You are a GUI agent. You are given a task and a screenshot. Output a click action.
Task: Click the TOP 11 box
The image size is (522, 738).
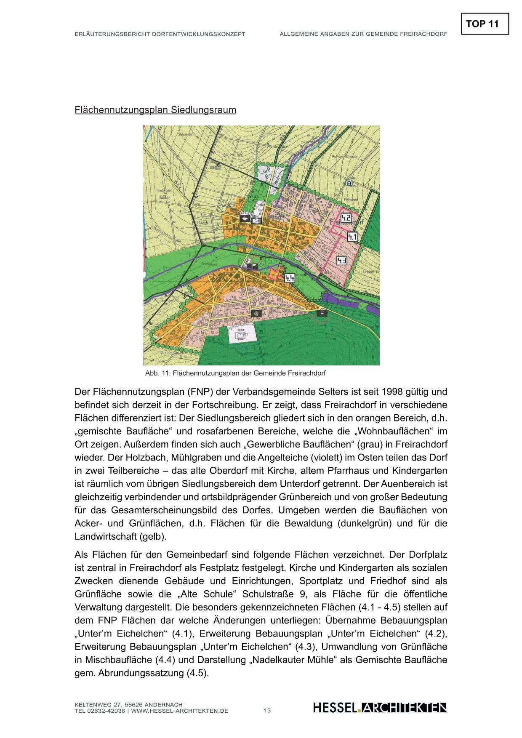pyautogui.click(x=485, y=24)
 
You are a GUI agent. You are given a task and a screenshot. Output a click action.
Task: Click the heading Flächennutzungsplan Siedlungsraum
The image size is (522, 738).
pyautogui.click(x=155, y=110)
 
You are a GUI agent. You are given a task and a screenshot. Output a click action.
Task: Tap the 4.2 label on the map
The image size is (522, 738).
pyautogui.click(x=346, y=218)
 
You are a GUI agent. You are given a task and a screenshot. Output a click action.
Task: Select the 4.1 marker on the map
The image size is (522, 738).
pyautogui.click(x=352, y=237)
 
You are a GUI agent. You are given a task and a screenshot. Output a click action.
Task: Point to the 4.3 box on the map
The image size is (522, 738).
pyautogui.click(x=342, y=261)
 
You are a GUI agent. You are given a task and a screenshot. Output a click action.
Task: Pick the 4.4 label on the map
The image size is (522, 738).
pyautogui.click(x=290, y=278)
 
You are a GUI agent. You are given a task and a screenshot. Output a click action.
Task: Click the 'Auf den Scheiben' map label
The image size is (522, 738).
pyautogui.click(x=345, y=156)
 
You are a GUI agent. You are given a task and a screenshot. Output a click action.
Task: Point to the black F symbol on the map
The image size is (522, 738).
pyautogui.click(x=322, y=312)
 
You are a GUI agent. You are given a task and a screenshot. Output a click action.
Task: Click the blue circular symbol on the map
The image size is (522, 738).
pyautogui.click(x=349, y=183)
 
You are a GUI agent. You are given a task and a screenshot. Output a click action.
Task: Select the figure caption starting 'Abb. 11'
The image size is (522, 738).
pyautogui.click(x=235, y=373)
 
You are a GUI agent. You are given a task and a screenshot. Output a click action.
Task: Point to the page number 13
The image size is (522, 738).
pyautogui.click(x=267, y=711)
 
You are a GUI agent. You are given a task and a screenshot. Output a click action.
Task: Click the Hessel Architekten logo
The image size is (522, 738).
pyautogui.click(x=380, y=708)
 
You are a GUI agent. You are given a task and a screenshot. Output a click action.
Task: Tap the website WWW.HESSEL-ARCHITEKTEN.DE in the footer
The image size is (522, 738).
pyautogui.click(x=180, y=711)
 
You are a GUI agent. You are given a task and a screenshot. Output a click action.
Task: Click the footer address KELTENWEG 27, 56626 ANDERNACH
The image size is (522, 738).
pyautogui.click(x=128, y=705)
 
